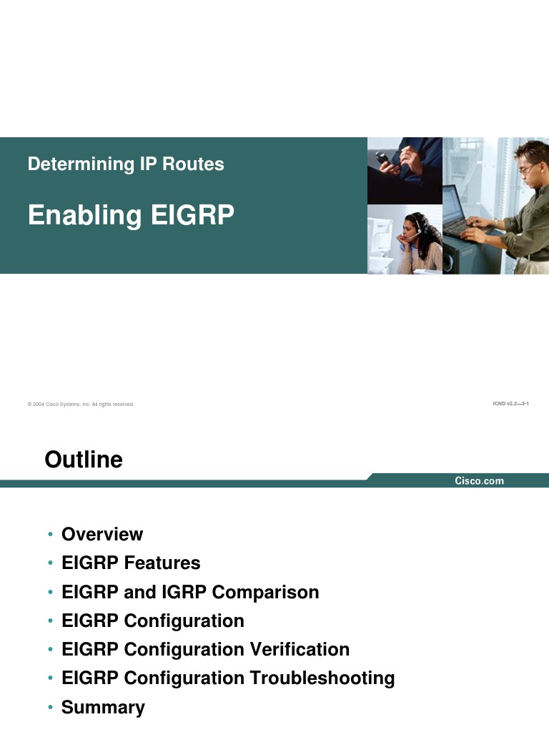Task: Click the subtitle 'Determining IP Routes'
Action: pyautogui.click(x=126, y=164)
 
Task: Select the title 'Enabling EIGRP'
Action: pyautogui.click(x=131, y=215)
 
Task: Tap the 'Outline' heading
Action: pyautogui.click(x=84, y=460)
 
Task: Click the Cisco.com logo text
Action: pyautogui.click(x=480, y=481)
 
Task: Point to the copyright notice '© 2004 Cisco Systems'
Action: pyautogui.click(x=81, y=405)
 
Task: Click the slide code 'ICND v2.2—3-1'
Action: pyautogui.click(x=510, y=404)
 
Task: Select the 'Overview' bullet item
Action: pyautogui.click(x=102, y=535)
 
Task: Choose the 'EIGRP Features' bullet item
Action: pyautogui.click(x=131, y=563)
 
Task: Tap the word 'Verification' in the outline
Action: pyautogui.click(x=300, y=650)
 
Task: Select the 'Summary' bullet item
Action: pyautogui.click(x=103, y=708)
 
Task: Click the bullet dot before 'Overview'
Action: pyautogui.click(x=50, y=535)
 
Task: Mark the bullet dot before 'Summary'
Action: pyautogui.click(x=50, y=708)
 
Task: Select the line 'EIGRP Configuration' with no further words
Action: pyautogui.click(x=153, y=621)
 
